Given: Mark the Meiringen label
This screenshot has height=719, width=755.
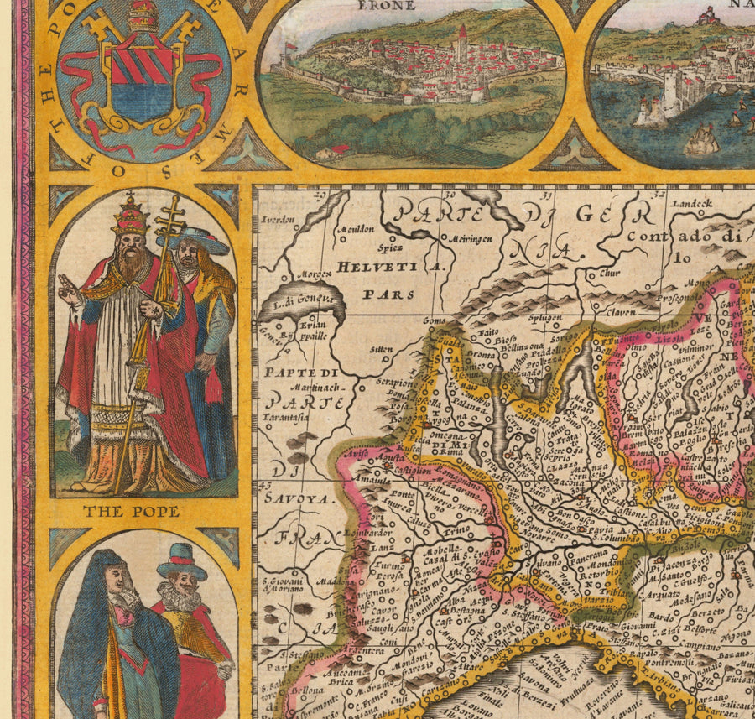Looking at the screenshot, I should (x=455, y=236).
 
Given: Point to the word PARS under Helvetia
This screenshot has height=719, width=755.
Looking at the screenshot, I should (x=377, y=294).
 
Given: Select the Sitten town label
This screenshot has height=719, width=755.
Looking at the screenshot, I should (x=381, y=347).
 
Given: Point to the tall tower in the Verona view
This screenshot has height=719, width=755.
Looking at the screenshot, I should (x=461, y=44).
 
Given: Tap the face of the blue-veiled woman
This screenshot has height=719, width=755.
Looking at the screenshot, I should (x=117, y=581).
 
